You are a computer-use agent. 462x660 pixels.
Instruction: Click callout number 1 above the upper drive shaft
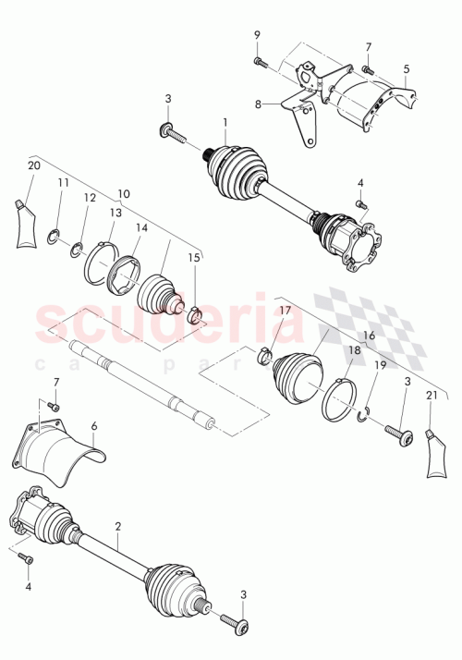[224, 122]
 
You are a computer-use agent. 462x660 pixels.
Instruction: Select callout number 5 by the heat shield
[406, 68]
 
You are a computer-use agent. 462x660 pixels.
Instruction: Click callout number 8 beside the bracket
[258, 104]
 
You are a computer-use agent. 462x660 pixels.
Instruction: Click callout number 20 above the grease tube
[35, 166]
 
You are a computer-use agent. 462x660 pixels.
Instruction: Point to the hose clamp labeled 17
[264, 352]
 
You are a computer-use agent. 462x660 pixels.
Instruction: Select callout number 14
[140, 227]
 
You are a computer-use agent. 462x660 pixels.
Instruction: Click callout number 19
[380, 366]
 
